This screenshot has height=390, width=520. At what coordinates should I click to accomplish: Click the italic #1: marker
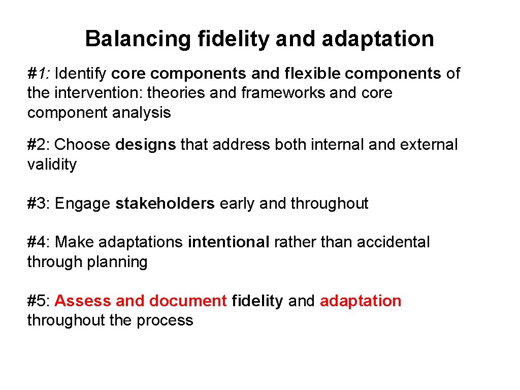tap(39, 74)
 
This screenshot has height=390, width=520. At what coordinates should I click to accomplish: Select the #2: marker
tap(39, 145)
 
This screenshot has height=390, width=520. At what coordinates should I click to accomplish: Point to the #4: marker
tap(39, 242)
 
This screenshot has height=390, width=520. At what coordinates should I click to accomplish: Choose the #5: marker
tap(39, 301)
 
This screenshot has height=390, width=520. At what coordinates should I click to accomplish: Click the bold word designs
tap(146, 145)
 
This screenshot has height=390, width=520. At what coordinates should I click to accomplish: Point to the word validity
tap(52, 165)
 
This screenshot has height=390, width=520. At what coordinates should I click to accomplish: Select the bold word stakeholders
tap(165, 204)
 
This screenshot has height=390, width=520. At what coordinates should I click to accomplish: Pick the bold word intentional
tap(229, 242)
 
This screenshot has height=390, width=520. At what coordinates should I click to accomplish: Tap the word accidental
tap(393, 242)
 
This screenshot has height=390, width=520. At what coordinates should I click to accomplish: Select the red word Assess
tap(83, 301)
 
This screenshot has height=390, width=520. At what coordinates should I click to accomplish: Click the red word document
tap(188, 301)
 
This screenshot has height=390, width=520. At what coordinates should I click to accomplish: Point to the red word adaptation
tap(361, 301)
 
